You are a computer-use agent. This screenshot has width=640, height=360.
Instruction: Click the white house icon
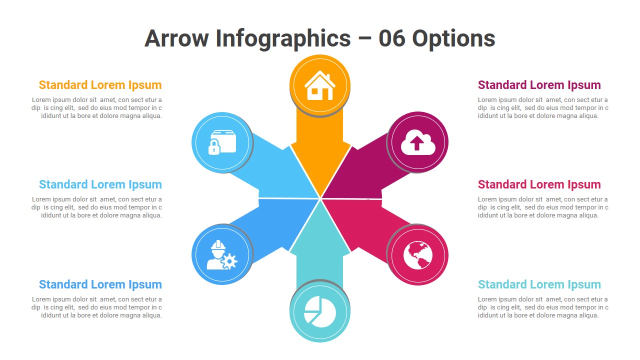(319, 85)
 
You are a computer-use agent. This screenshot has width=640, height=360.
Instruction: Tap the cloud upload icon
(418, 142)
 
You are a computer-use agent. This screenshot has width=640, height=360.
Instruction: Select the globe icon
(417, 255)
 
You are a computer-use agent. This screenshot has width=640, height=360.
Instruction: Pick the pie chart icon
(319, 311)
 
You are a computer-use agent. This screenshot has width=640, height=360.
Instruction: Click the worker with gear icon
(221, 255)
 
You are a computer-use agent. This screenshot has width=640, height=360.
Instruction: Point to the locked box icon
(222, 142)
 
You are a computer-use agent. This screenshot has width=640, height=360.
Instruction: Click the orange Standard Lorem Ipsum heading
(100, 85)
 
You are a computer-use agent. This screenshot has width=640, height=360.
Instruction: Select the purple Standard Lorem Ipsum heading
(539, 85)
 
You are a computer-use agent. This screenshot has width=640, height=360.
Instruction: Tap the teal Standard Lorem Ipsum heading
(539, 284)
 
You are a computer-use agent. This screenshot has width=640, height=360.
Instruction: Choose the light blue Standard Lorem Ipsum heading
(100, 184)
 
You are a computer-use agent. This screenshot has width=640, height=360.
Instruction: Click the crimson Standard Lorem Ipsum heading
(539, 184)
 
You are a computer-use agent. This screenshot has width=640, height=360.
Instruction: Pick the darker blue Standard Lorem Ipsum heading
(100, 284)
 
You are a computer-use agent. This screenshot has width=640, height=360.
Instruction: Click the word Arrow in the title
(176, 38)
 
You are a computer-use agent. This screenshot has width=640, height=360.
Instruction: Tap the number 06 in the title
(391, 38)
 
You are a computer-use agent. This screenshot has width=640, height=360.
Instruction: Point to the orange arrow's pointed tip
(320, 197)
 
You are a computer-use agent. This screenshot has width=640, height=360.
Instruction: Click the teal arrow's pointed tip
(320, 200)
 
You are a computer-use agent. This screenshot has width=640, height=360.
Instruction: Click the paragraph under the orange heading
(96, 107)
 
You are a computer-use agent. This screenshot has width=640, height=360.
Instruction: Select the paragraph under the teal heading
(543, 307)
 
